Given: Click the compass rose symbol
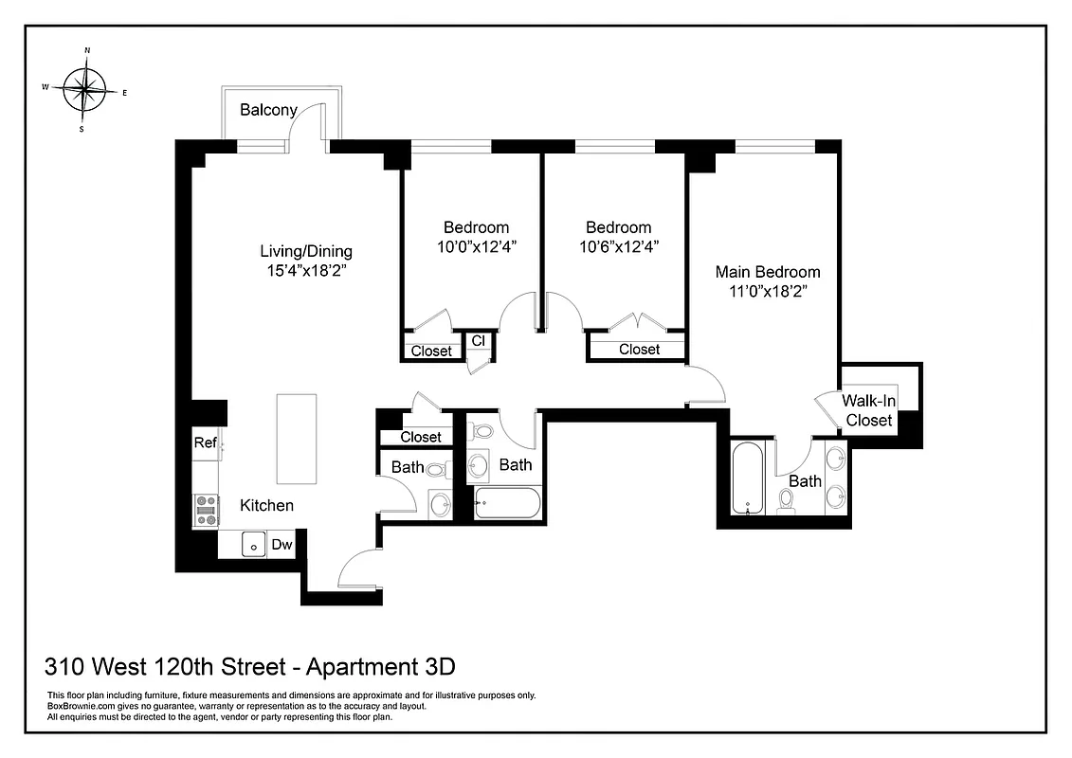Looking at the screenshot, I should pyautogui.click(x=85, y=90).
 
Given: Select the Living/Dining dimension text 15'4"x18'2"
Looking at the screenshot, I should pyautogui.click(x=306, y=269).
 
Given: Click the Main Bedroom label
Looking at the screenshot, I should pyautogui.click(x=767, y=272).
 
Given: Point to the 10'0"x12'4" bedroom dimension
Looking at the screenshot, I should pyautogui.click(x=476, y=245).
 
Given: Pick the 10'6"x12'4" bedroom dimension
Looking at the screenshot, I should pyautogui.click(x=618, y=245).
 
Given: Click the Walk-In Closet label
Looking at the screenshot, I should pyautogui.click(x=869, y=410).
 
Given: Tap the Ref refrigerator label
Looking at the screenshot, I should pyautogui.click(x=205, y=442).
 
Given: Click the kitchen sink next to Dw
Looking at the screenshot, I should pyautogui.click(x=253, y=544).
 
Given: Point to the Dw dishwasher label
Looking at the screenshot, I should pyautogui.click(x=282, y=545).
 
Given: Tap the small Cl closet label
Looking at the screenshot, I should pyautogui.click(x=478, y=341).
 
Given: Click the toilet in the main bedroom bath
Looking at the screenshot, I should pyautogui.click(x=786, y=499).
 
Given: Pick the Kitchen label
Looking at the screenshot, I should pyautogui.click(x=265, y=505).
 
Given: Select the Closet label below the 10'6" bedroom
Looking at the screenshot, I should pyautogui.click(x=639, y=350).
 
